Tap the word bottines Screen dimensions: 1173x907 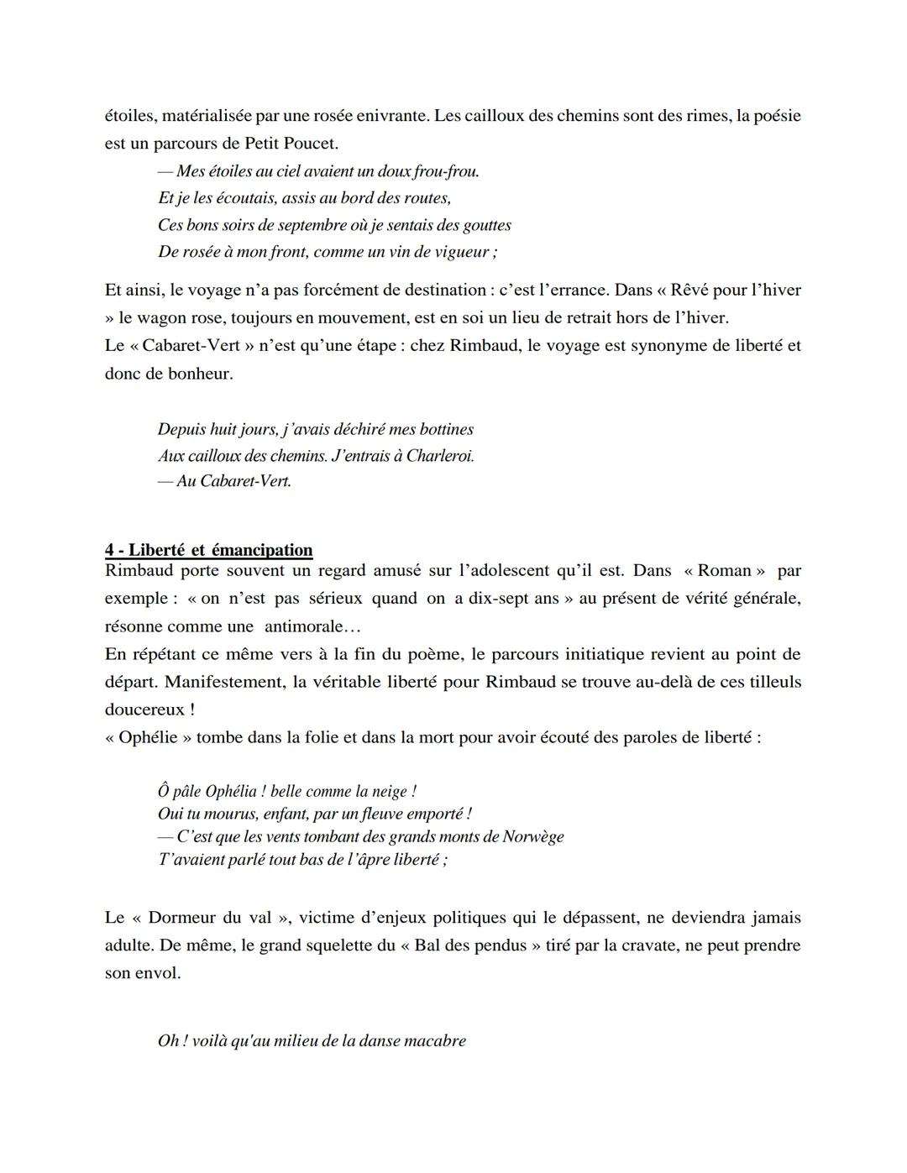[443, 429]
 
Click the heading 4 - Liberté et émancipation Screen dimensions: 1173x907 [208, 550]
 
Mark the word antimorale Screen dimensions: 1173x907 [304, 626]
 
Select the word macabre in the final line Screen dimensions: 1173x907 [435, 1041]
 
